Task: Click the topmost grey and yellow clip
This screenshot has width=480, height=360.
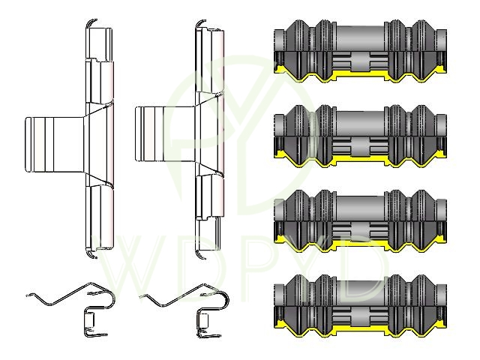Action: [x=360, y=51]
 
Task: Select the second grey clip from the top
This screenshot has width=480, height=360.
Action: [x=360, y=136]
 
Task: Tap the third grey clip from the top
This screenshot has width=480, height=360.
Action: [x=360, y=221]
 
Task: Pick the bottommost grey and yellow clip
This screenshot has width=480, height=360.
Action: [x=360, y=306]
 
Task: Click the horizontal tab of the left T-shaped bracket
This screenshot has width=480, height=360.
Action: [x=55, y=144]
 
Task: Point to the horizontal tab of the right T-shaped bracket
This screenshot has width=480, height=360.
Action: [x=165, y=133]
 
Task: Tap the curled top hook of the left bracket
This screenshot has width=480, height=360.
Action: [x=91, y=22]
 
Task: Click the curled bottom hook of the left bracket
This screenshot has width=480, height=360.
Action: [x=91, y=254]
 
